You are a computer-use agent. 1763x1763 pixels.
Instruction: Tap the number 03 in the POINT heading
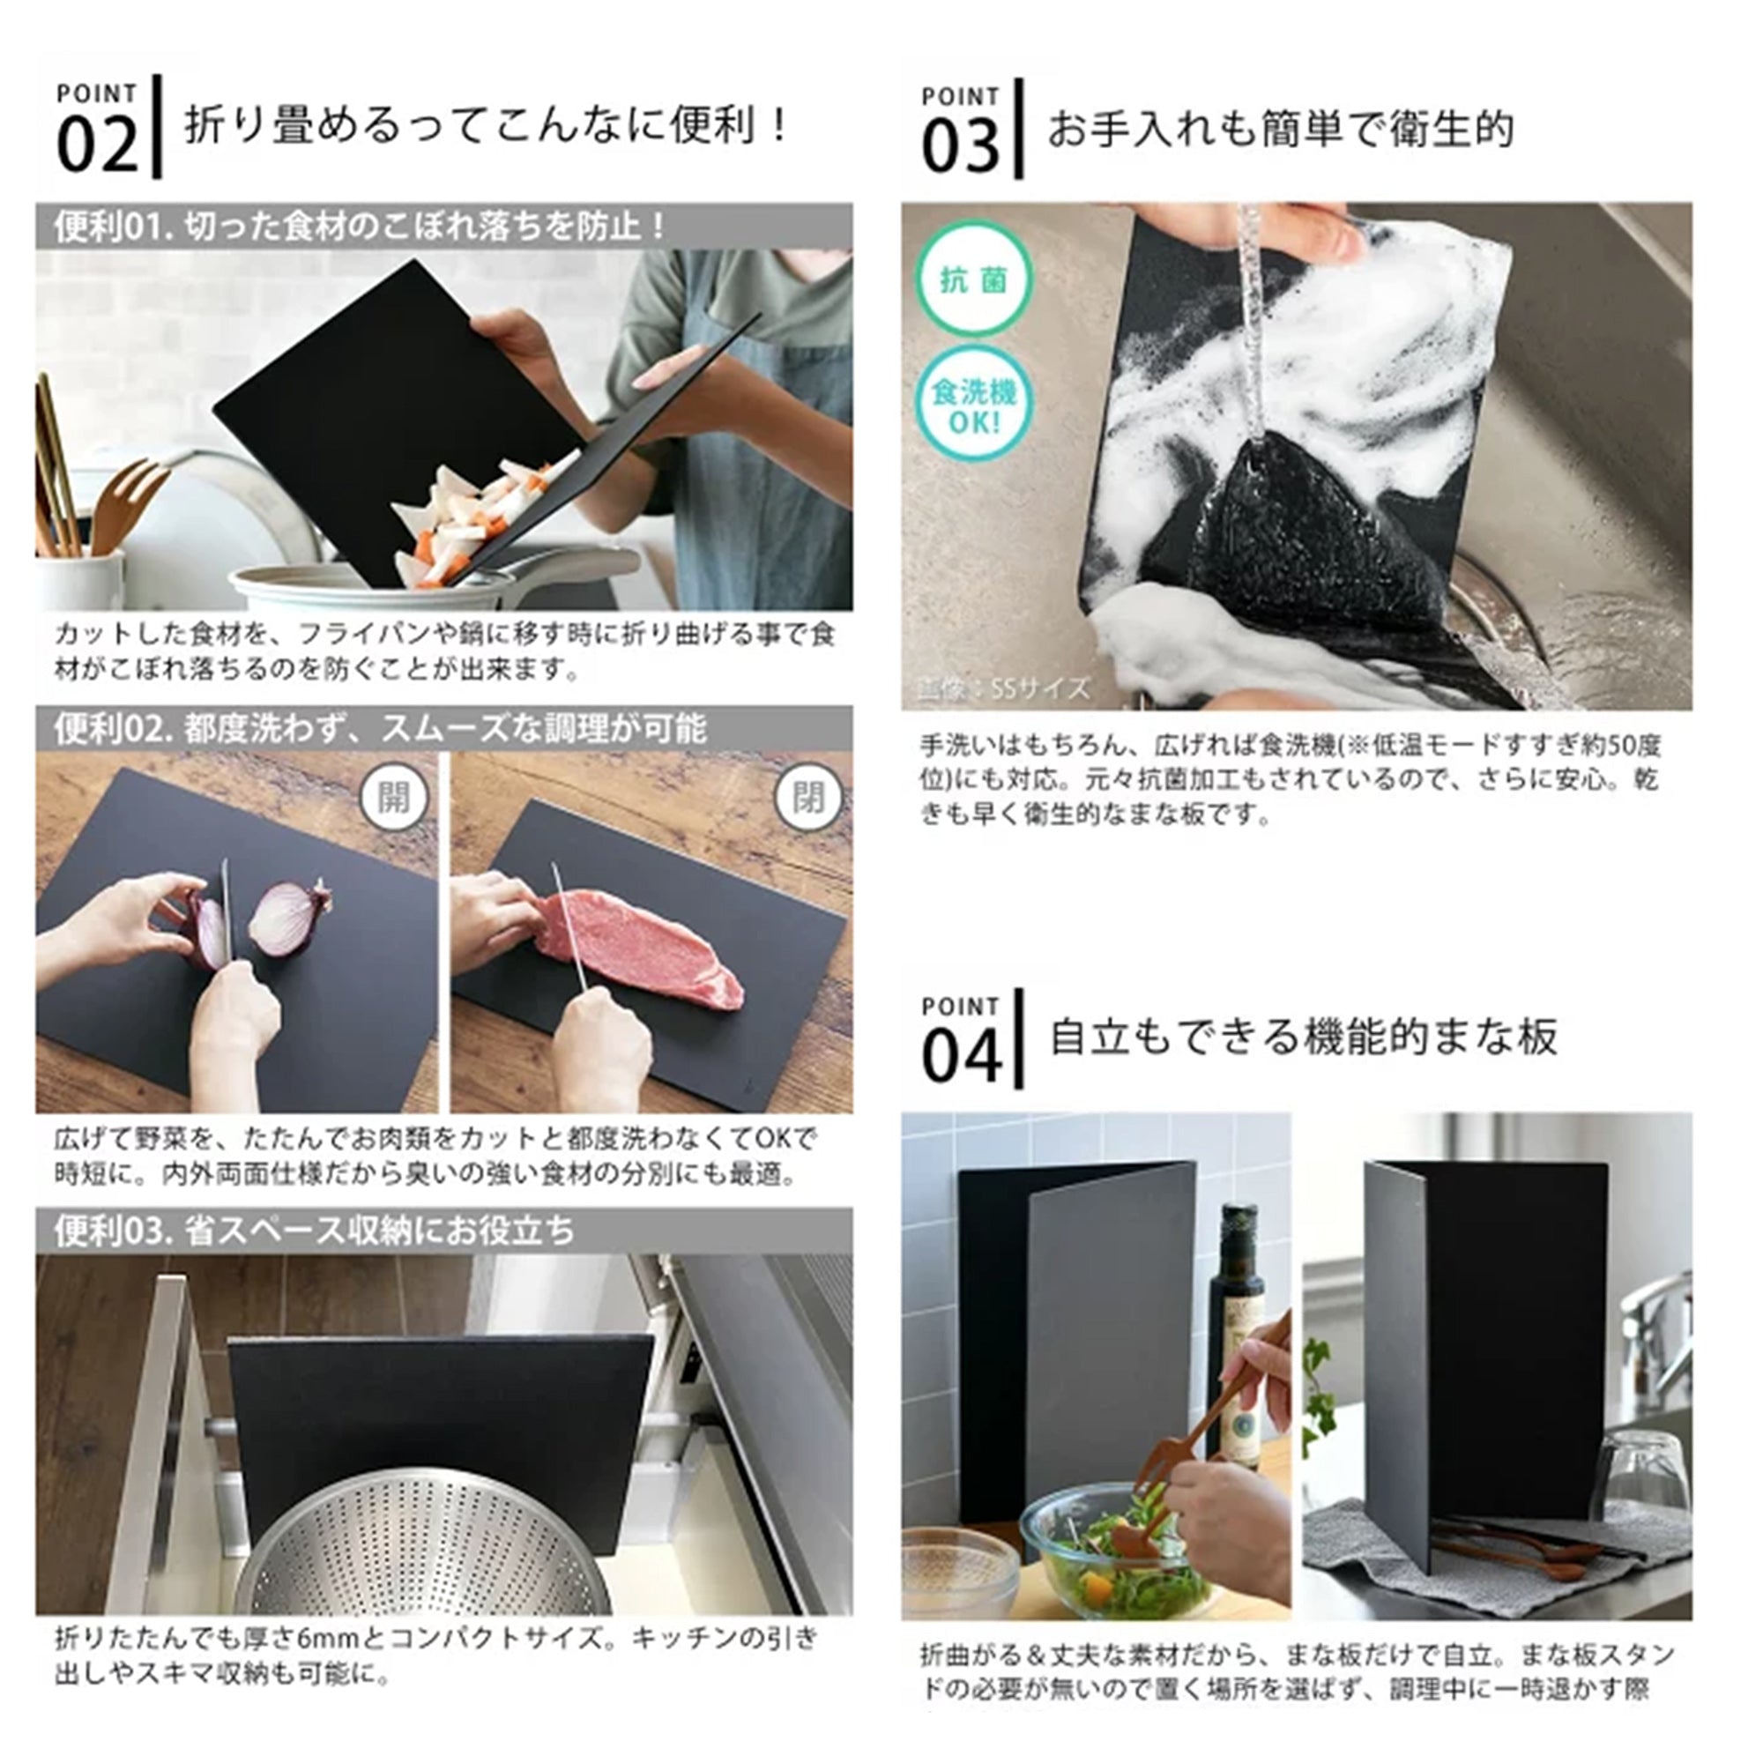[x=960, y=148]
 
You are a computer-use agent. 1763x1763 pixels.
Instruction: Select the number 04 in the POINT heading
[x=960, y=1057]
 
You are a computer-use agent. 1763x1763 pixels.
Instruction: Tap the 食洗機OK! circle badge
[x=973, y=406]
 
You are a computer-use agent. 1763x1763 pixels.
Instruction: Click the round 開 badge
[x=393, y=797]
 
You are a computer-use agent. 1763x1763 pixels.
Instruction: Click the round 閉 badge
[x=807, y=797]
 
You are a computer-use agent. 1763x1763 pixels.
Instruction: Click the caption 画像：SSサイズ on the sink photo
[x=1004, y=688]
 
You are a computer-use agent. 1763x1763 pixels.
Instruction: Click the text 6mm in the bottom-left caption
[x=324, y=1638]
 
